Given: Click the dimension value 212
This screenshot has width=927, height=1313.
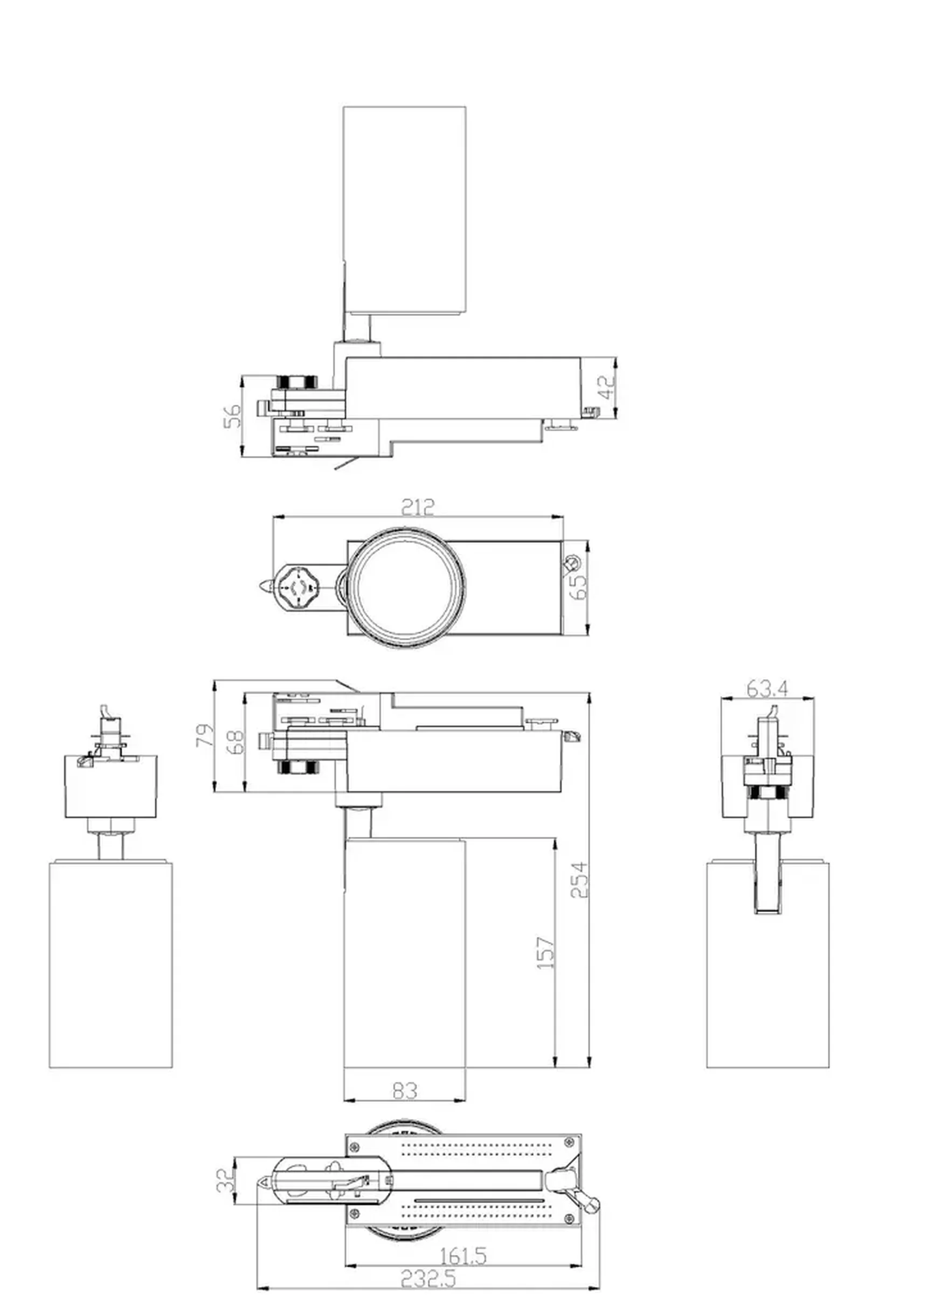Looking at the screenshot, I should (418, 507).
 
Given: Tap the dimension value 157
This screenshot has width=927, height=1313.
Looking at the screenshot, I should (545, 953).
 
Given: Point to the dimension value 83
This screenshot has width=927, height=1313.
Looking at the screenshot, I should (405, 1091).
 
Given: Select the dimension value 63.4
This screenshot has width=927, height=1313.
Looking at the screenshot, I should (767, 690).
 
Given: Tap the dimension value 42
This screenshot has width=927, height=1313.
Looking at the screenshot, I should (608, 388).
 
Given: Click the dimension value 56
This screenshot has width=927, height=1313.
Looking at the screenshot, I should (232, 416).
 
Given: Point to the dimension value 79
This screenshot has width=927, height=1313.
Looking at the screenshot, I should (205, 735).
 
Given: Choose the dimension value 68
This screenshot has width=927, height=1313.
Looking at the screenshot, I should (235, 742).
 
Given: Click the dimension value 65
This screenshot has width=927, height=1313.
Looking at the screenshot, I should (579, 587).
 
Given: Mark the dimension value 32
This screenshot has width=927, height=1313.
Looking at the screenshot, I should (225, 1181).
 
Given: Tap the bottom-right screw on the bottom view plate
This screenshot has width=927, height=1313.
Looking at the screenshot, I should (569, 1219).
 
